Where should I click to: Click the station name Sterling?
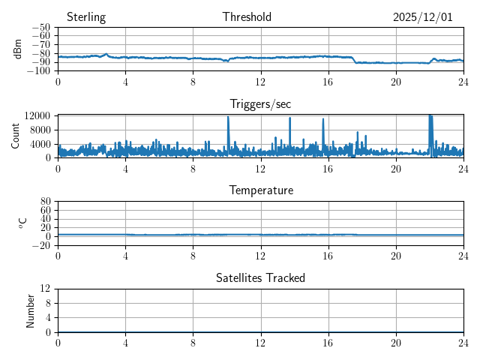[86, 17]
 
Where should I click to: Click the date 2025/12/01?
[423, 17]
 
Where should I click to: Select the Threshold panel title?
[247, 17]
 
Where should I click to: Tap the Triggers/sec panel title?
[260, 104]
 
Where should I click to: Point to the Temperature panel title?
[260, 190]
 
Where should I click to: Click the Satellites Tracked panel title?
[260, 277]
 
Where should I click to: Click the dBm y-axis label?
[18, 49]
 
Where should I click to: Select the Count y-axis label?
[15, 136]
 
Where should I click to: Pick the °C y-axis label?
[22, 223]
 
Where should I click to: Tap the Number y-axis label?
[30, 310]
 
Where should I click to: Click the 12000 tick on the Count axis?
[37, 115]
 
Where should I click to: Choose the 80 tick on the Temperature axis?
[45, 202]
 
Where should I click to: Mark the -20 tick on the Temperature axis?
[40, 245]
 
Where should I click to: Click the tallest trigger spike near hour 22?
[430, 116]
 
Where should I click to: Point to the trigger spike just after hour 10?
[228, 118]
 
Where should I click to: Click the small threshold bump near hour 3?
[106, 54]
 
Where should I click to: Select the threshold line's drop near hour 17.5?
[354, 60]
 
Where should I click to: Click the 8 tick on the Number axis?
[47, 303]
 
